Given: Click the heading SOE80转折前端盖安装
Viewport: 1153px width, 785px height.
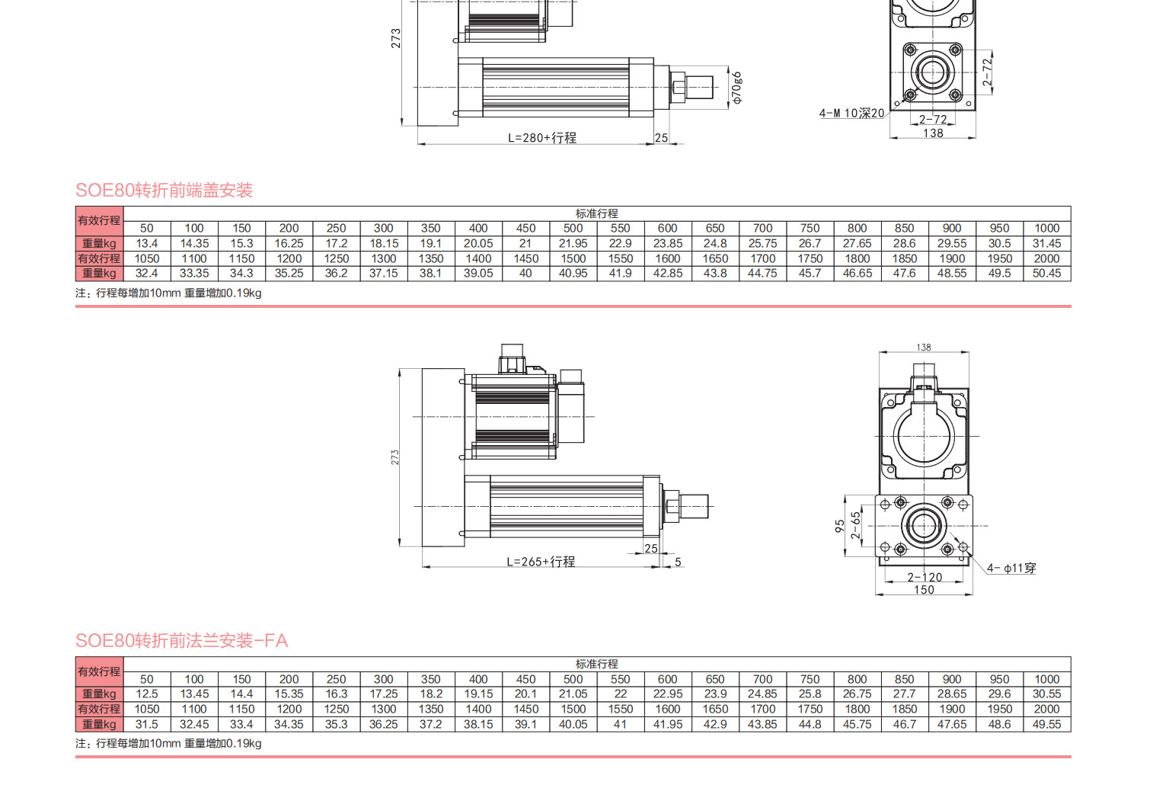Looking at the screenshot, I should (164, 190).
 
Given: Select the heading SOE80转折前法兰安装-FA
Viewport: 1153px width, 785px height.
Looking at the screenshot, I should (181, 640).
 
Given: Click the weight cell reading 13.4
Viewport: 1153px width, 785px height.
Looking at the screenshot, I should (147, 244).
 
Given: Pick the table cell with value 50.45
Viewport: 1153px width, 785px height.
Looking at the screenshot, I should (1046, 274).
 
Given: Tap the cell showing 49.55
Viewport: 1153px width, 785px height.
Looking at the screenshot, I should (1046, 725).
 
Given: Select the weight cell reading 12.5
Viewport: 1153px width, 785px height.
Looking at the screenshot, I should (147, 694).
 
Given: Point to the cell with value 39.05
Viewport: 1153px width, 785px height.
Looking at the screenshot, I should (478, 274).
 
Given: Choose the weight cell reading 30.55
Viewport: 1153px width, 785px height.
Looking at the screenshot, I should (1046, 694).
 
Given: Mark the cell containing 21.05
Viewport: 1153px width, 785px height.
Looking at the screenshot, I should (573, 694).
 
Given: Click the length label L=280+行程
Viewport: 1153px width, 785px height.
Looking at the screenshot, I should (542, 138).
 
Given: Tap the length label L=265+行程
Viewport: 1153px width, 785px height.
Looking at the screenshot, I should (541, 562).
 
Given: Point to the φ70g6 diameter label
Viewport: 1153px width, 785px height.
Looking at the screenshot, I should (736, 88).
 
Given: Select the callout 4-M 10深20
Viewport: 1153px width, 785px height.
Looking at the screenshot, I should (851, 114).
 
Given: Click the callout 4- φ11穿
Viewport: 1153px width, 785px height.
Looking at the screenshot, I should (1011, 568).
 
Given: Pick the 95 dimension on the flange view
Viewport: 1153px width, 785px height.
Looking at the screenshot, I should (839, 526).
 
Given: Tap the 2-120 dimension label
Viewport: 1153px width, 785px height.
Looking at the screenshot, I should (924, 577).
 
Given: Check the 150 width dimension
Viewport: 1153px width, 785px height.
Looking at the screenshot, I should (924, 590).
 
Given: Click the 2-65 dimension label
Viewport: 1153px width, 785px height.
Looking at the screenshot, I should (856, 525).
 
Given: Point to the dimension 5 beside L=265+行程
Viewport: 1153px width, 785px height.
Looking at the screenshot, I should (678, 562).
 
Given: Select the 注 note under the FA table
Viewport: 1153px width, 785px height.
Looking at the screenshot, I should (168, 744).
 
